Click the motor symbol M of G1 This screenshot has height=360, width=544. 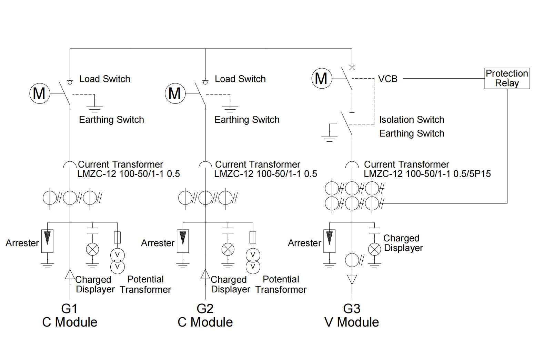pos(40,93)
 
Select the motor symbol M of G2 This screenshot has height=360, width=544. pos(175,93)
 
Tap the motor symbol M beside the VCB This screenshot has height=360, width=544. pos(322,79)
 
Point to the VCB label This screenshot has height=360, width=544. pos(387,79)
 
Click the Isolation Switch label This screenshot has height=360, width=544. pos(412,120)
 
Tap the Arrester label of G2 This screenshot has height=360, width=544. pos(158,243)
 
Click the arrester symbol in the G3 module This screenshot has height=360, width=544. pos(329,241)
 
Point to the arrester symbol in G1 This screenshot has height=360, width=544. pos(47,241)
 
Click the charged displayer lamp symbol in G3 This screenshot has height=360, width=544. pos(374,249)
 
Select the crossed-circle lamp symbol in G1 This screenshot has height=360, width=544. pos(92,249)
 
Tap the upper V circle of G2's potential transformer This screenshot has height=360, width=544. pos(253,255)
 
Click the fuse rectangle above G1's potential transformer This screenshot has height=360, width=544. pos(117,237)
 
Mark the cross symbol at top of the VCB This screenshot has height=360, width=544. pos(352,67)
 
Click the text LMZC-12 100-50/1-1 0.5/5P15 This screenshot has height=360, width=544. pos(427,174)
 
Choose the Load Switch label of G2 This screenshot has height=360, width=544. pos(240,79)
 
